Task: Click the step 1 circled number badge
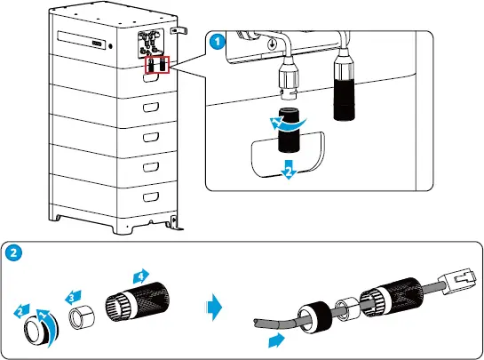[215, 40]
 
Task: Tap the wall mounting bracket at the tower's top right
[179, 30]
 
